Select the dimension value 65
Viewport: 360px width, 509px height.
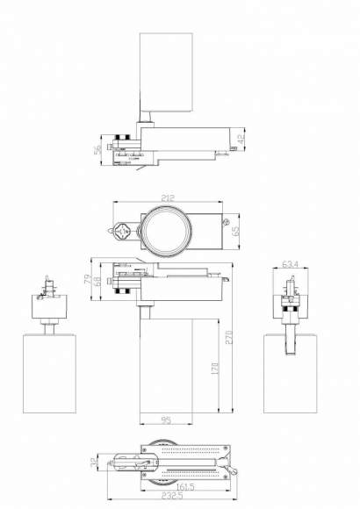(235, 231)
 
